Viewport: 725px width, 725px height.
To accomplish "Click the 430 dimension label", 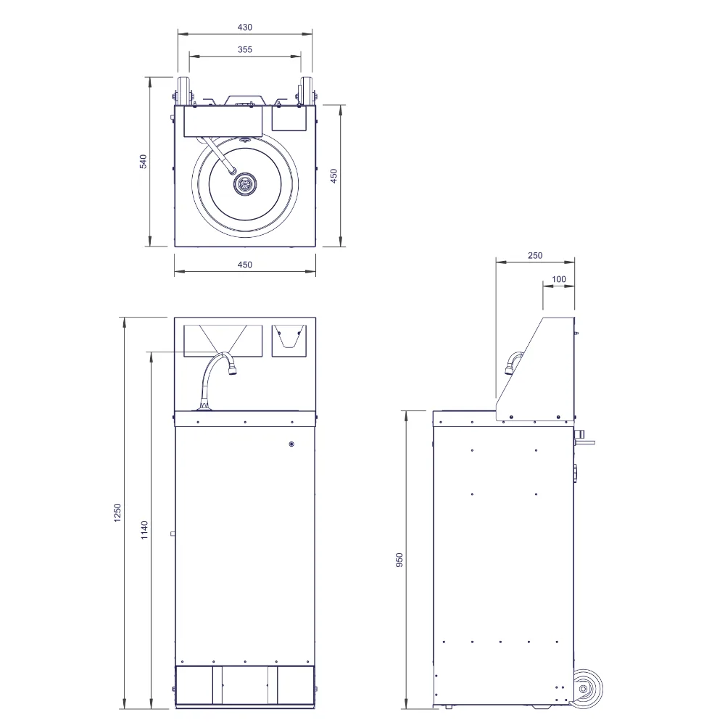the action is tap(244, 28).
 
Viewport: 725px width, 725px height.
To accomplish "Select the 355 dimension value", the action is tap(244, 49).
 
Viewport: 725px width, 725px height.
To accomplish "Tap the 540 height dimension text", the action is tap(143, 162).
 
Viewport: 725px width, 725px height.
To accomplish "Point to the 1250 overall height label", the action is tap(117, 513).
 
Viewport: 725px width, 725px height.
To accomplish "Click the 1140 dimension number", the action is tap(144, 530).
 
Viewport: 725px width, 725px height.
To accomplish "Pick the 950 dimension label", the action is tap(399, 560).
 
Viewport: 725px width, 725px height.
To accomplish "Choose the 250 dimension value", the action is tap(535, 255).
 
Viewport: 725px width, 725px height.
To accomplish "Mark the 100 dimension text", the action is tap(558, 279).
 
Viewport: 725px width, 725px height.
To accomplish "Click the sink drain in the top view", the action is tap(244, 184).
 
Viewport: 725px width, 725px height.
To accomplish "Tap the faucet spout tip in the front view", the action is tap(233, 370).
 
